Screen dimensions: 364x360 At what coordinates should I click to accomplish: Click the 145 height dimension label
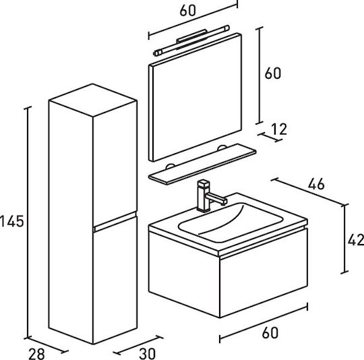coord(12,221)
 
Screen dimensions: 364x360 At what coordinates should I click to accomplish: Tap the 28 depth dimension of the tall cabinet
coord(36,354)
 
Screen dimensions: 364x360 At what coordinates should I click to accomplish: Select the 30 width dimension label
coord(148,354)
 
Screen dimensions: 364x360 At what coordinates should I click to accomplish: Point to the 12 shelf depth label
coord(279,129)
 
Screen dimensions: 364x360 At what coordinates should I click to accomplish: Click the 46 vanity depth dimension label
coord(316,184)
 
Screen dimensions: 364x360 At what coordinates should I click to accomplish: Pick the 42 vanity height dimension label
coord(356,240)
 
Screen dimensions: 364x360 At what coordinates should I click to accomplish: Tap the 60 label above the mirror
coord(188,10)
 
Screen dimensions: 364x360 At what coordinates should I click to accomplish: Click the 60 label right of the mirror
coord(273,73)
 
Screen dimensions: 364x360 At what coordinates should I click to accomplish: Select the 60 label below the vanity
coord(270,333)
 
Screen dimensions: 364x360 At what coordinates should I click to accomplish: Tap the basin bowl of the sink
coord(231,222)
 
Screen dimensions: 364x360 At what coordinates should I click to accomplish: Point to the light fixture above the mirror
coord(191,40)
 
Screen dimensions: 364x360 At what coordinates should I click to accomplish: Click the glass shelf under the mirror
coord(202,164)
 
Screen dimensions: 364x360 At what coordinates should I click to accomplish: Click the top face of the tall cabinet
coord(92,100)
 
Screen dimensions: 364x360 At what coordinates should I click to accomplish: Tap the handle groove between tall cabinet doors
coord(115,221)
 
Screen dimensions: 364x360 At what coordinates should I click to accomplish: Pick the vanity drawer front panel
coord(264,273)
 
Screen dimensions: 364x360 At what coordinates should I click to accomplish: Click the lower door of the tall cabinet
coord(115,280)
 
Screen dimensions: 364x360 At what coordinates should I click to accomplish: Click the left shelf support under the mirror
coord(171,167)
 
